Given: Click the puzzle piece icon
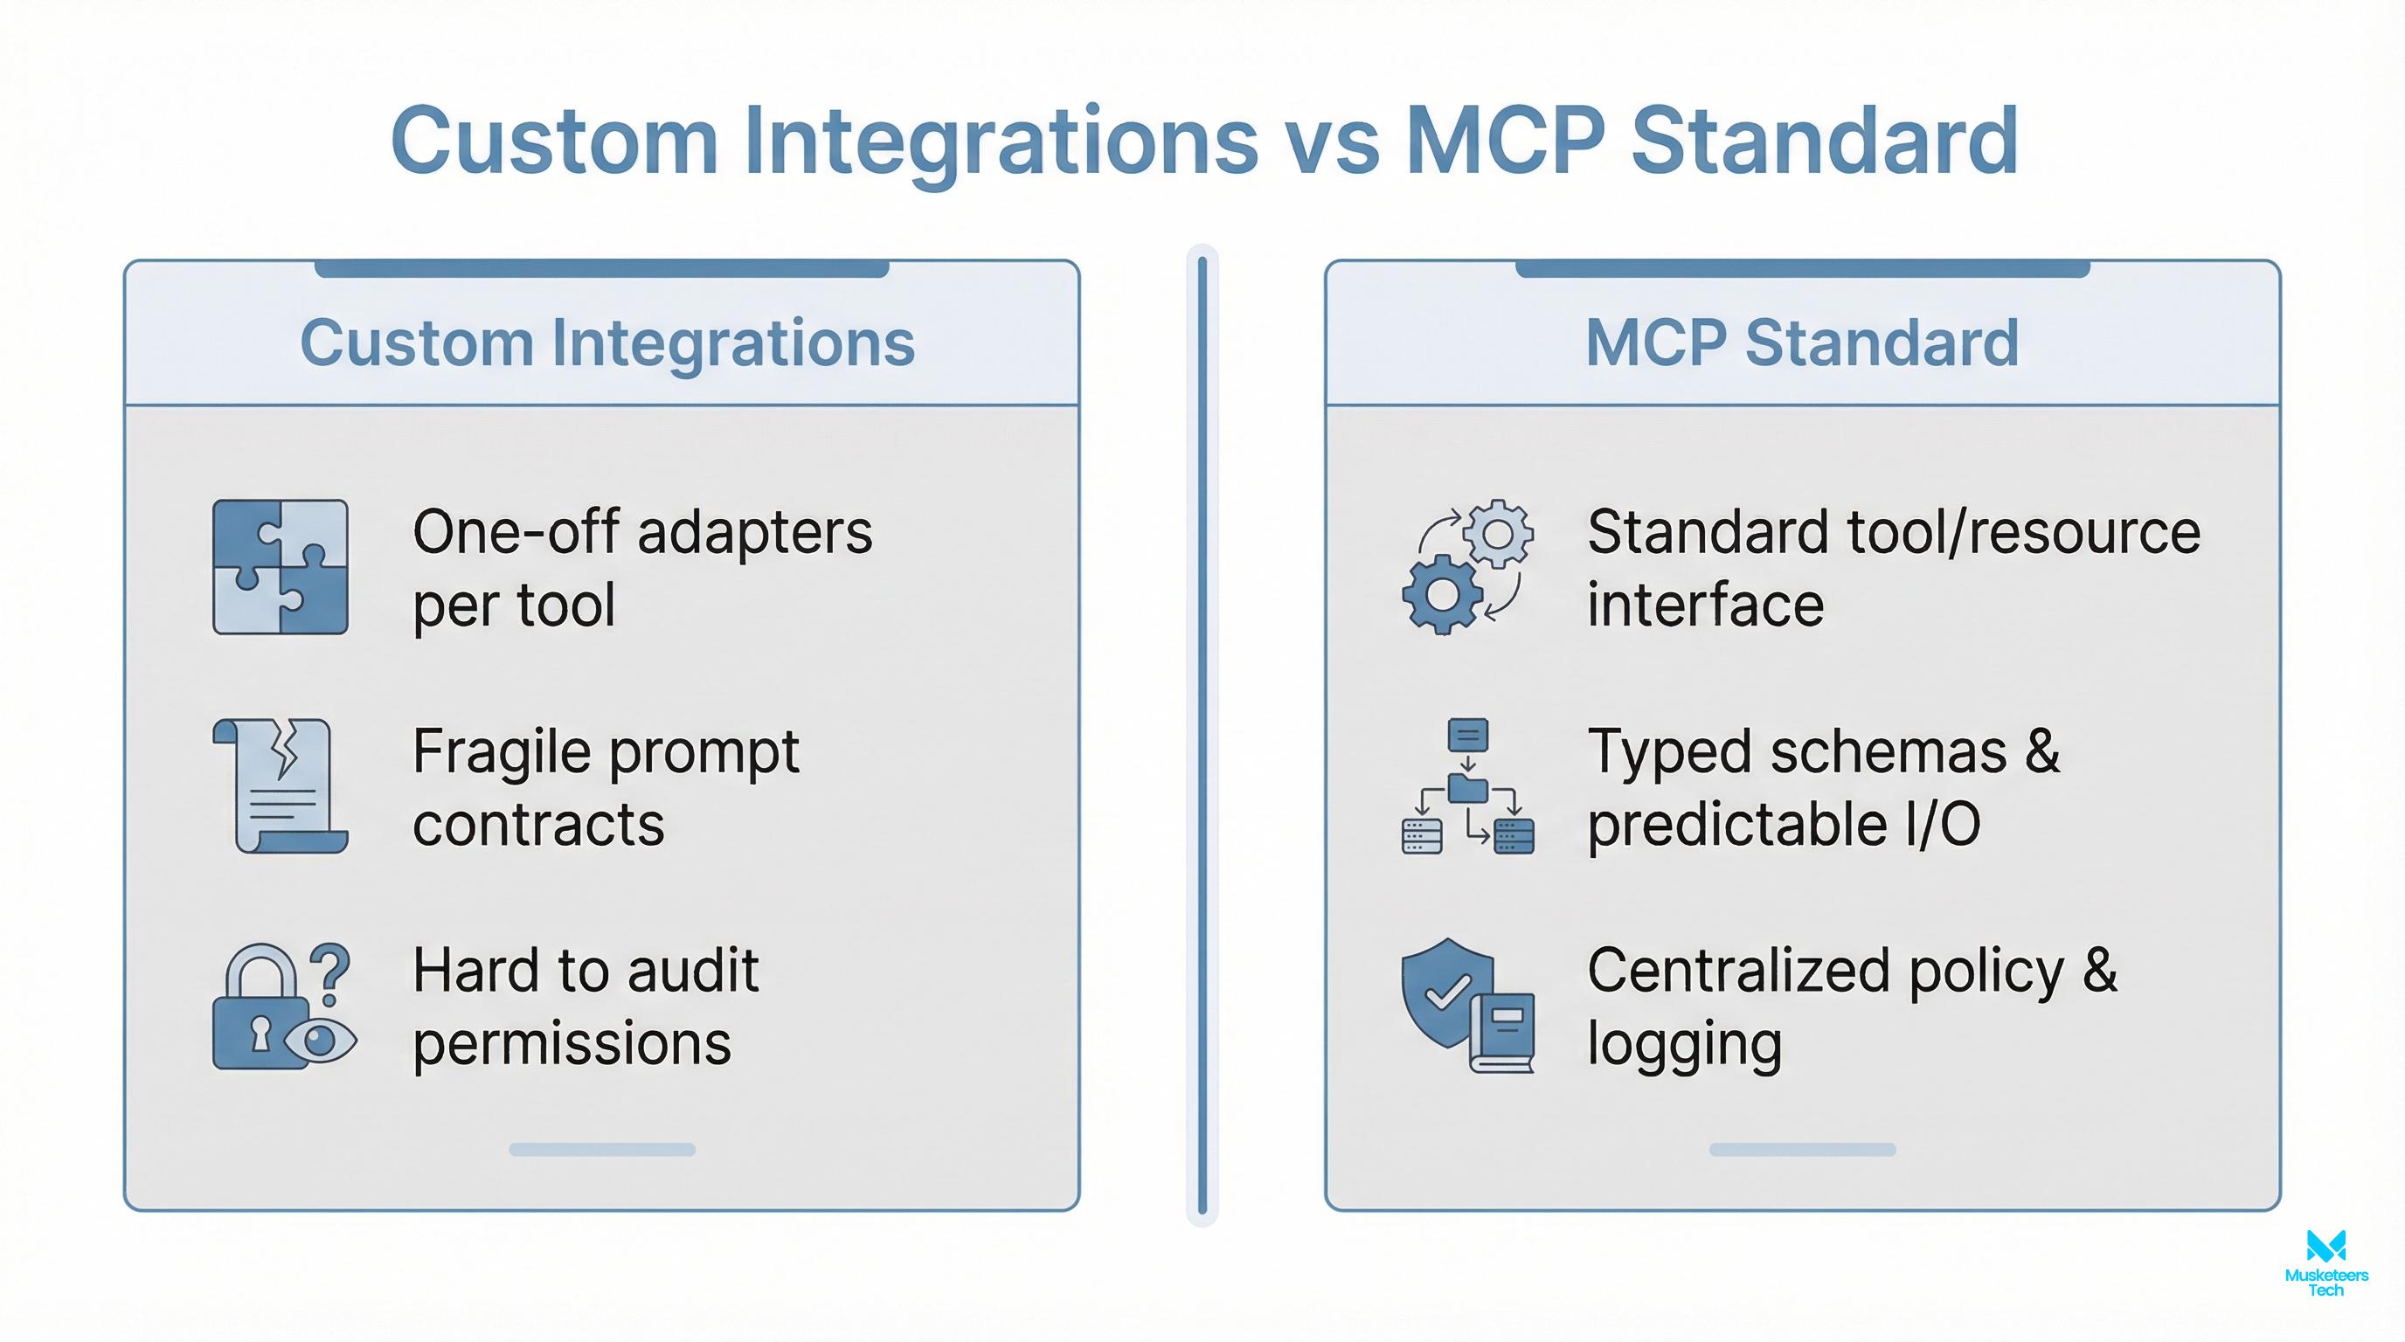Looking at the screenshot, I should point(280,566).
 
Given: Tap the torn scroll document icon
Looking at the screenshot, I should point(280,785).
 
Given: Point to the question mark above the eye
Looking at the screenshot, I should point(329,971).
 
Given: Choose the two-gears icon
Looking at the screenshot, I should point(1466,566).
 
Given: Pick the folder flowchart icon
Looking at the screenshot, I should point(1466,785).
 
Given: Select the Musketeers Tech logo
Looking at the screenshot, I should point(2325,1262).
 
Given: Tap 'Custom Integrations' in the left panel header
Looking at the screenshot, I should point(606,342).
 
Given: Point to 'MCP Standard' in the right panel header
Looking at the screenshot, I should point(1802,342).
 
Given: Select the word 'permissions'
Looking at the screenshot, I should point(572,1044).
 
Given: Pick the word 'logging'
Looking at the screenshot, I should point(1684,1044).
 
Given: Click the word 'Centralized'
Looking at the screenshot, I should point(1738,972).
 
